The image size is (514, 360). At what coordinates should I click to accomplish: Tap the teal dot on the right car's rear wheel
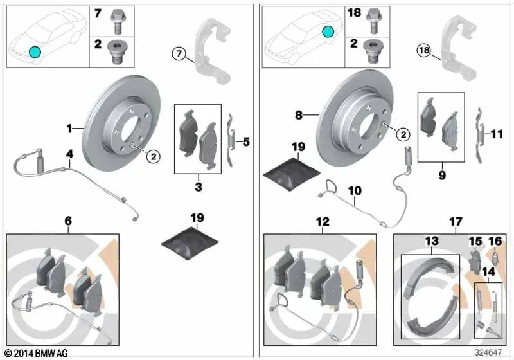(328, 31)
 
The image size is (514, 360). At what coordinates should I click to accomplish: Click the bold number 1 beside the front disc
(69, 129)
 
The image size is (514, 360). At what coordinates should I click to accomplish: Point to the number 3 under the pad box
(198, 186)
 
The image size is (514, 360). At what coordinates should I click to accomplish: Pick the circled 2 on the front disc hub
(154, 155)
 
